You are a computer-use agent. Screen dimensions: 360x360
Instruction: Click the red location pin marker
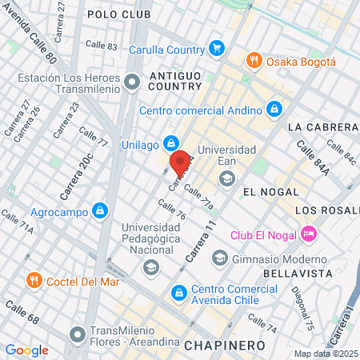179,162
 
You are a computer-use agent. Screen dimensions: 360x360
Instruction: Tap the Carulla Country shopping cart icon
216,49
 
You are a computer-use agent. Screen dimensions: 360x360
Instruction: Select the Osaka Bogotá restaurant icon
254,61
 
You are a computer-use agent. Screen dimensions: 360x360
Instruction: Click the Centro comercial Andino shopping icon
274,108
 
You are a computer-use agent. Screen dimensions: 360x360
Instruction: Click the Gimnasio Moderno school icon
219,258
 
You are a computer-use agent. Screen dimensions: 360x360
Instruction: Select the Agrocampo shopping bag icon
99,211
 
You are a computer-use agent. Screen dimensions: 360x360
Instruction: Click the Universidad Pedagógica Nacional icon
150,266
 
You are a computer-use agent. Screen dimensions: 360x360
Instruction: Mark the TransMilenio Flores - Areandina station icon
78,332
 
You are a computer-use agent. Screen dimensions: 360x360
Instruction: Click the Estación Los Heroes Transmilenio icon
133,81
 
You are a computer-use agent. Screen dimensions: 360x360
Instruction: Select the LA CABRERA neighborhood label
322,126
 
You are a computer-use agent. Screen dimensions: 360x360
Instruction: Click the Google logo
26,350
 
